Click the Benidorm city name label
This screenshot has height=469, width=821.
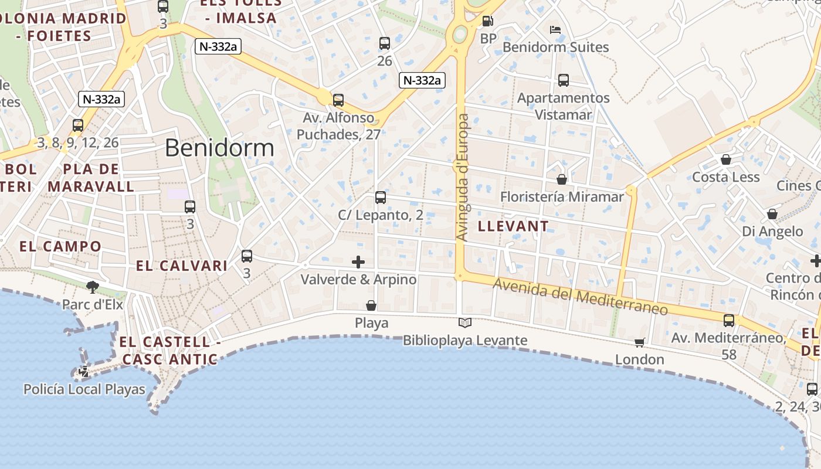(219, 148)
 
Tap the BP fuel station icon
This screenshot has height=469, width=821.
(487, 22)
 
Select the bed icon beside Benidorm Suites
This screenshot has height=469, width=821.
(555, 29)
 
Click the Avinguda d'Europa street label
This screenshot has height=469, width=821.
(463, 177)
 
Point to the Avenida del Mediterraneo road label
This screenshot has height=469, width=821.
(581, 297)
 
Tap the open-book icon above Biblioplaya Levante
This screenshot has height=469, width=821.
(465, 322)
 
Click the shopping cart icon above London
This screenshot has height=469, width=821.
(640, 342)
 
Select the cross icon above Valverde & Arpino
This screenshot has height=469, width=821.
(358, 261)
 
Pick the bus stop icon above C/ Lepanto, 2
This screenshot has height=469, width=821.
(381, 198)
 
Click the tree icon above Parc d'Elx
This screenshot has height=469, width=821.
(92, 287)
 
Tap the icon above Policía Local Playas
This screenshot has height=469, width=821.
(84, 371)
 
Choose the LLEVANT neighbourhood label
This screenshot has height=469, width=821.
(513, 226)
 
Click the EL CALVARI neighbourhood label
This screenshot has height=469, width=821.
(182, 266)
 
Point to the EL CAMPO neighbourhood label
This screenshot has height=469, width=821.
(60, 246)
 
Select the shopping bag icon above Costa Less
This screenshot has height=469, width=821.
(726, 159)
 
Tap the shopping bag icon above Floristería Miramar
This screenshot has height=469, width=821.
(562, 179)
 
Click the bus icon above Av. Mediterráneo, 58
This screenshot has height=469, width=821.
(729, 321)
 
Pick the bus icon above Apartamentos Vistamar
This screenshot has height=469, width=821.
(564, 80)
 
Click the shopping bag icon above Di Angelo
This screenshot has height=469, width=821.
(772, 214)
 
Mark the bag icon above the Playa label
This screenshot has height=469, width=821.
(371, 305)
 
